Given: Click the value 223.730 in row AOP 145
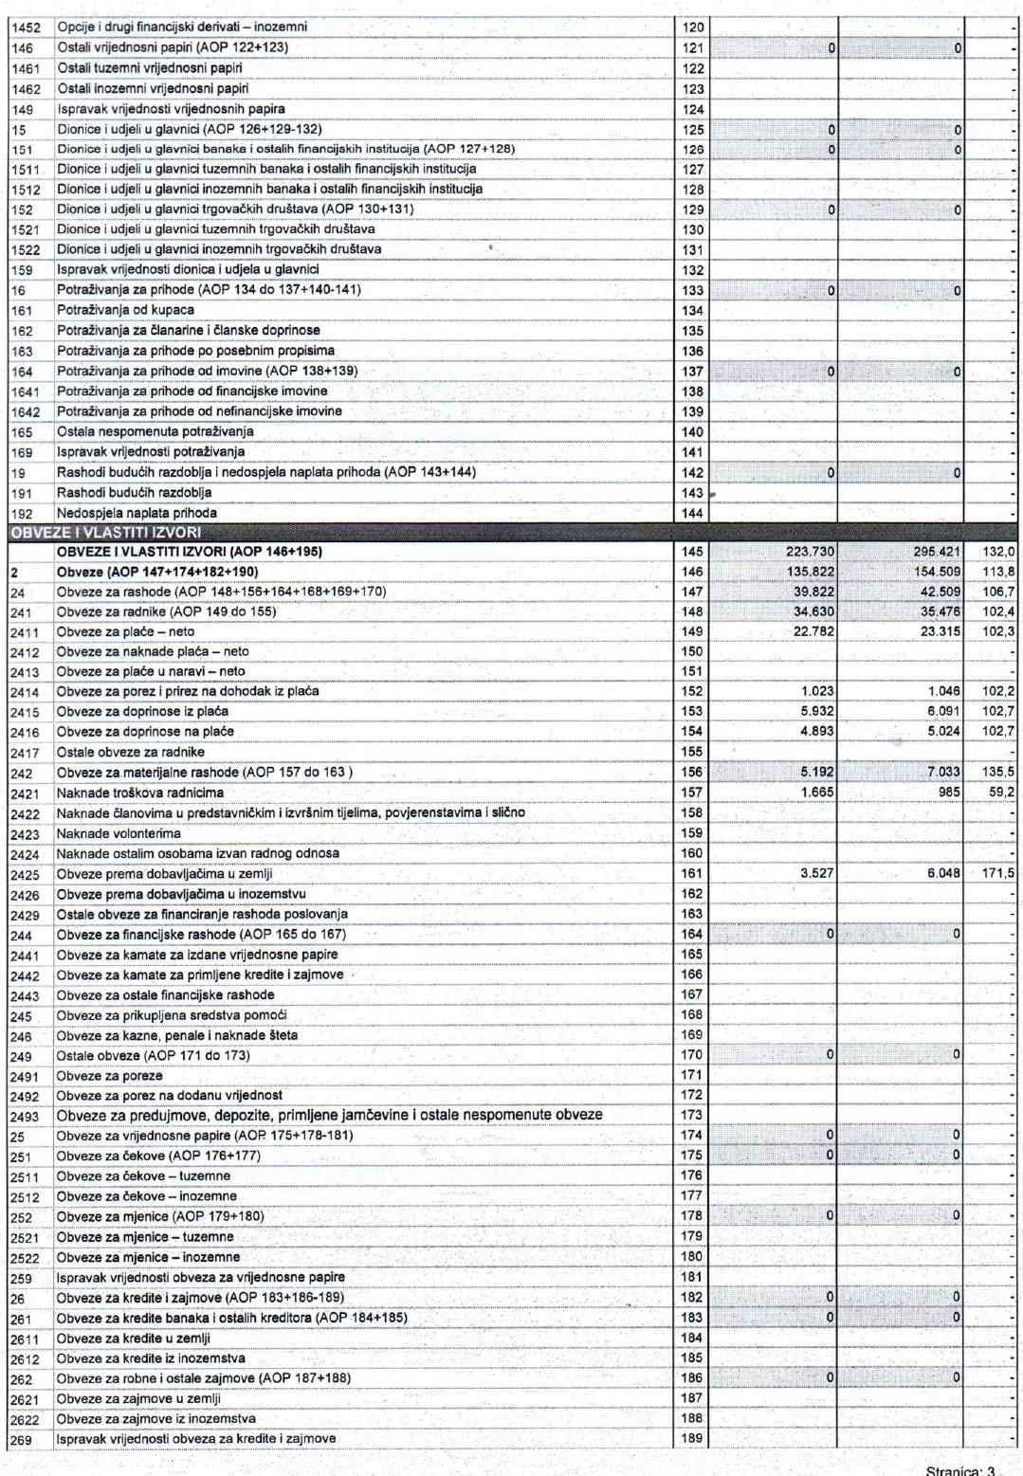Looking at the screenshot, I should click(810, 552).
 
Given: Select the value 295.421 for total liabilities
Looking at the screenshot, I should click(938, 552).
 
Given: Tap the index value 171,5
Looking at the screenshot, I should click(998, 873).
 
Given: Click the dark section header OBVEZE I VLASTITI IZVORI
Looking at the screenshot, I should click(105, 533).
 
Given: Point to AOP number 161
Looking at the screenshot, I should click(692, 873).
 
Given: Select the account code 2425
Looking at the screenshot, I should click(25, 875).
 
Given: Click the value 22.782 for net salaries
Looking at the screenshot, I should click(813, 631).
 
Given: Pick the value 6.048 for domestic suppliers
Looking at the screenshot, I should click(942, 873).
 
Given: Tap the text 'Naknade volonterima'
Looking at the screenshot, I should click(119, 833).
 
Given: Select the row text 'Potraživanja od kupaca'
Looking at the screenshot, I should click(125, 310).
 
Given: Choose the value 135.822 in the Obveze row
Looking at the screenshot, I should click(810, 572).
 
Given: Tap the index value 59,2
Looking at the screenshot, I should click(1001, 793).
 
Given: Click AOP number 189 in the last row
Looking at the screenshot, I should click(692, 1438).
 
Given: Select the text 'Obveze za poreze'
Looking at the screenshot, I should click(109, 1076).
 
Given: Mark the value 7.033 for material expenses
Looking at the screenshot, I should click(942, 773).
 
